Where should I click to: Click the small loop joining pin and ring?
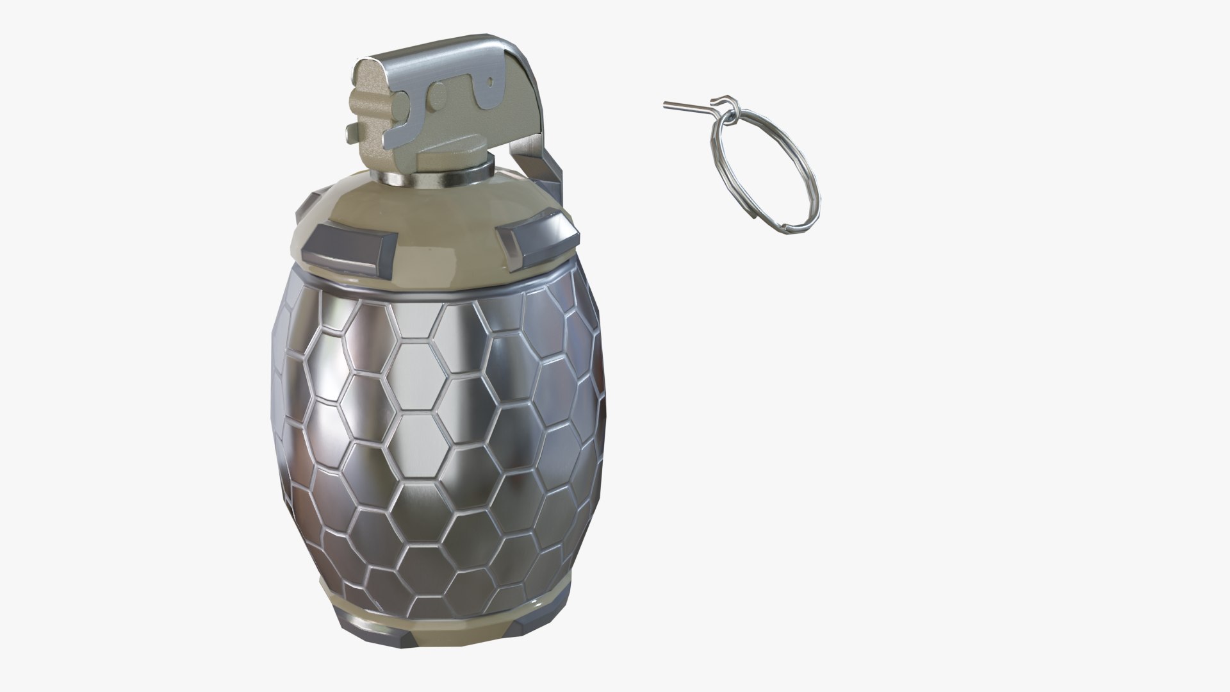point(723,103)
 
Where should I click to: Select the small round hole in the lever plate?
point(491,82)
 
